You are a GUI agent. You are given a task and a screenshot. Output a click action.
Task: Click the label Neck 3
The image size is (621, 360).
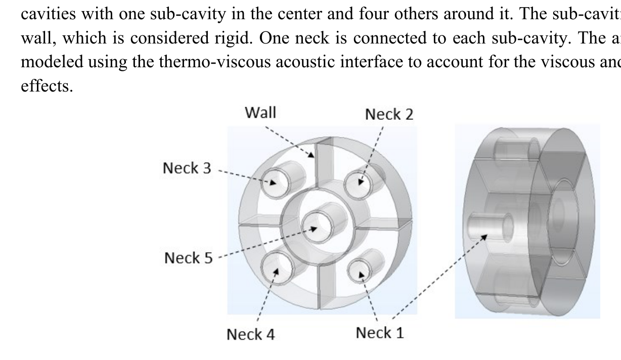(187, 168)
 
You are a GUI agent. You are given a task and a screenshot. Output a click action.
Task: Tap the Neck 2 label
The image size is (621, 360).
(389, 115)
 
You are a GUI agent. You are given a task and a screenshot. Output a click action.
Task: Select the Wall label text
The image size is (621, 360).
(260, 112)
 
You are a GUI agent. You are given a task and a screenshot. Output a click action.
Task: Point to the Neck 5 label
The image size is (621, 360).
(189, 258)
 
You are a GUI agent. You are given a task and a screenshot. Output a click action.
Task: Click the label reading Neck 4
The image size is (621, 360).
(250, 334)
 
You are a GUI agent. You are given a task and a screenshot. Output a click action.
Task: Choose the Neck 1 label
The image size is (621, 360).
(380, 333)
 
